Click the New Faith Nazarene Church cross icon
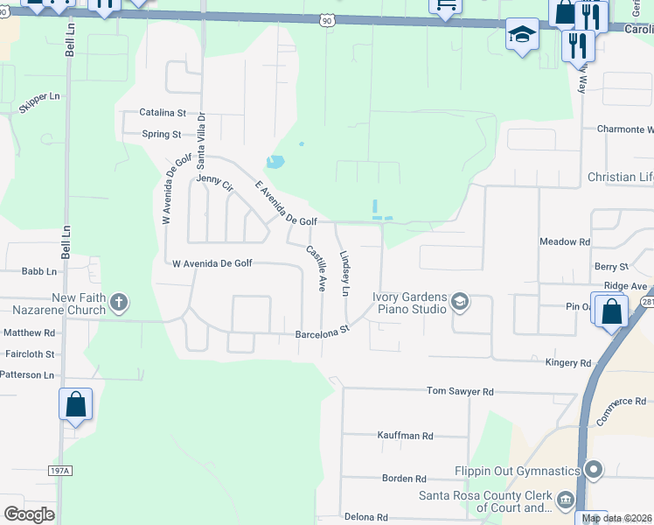pos(119,304)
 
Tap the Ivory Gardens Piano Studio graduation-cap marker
pos(459,303)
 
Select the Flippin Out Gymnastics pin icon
pos(595,471)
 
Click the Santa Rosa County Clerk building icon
pos(565,500)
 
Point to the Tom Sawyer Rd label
pos(460,391)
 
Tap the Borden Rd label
pos(404,479)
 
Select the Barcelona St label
pos(322,332)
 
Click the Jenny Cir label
pos(215,185)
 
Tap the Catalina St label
pos(163,113)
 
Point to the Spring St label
pos(162,135)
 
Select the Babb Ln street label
pos(38,271)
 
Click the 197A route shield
pos(59,471)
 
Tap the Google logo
pos(30,514)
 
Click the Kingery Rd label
pos(568,362)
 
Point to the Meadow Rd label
pos(565,241)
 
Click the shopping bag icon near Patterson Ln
pos(76,404)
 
